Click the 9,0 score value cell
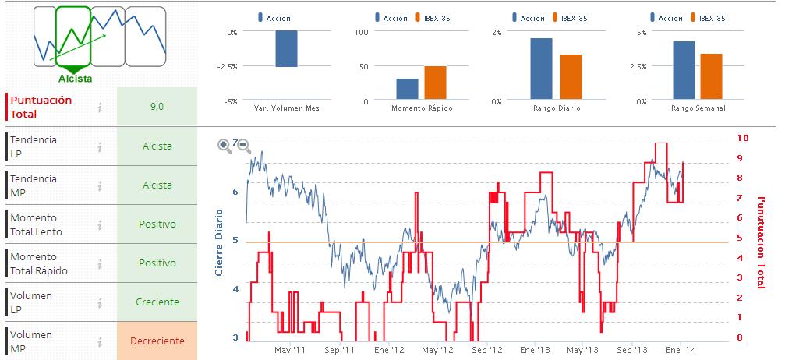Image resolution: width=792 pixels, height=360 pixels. click(x=157, y=107)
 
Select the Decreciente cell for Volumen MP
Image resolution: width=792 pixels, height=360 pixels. click(x=157, y=341)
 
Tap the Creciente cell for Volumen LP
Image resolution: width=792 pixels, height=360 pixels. click(x=157, y=302)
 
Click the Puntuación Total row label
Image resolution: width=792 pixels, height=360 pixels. click(x=41, y=107)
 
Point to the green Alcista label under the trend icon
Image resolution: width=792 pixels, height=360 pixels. click(x=75, y=78)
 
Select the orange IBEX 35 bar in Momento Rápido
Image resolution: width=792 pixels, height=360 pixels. click(x=435, y=83)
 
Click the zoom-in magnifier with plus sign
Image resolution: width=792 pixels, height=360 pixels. click(x=224, y=145)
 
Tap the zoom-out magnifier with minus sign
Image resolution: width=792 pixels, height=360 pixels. click(x=243, y=145)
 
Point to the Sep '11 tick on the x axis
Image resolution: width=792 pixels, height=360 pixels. click(x=339, y=350)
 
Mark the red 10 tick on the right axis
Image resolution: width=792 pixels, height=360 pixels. click(x=743, y=138)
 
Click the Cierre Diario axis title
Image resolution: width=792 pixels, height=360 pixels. click(x=219, y=242)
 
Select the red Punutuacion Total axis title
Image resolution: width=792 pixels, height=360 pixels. click(x=762, y=242)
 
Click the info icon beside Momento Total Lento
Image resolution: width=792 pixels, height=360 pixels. click(x=101, y=224)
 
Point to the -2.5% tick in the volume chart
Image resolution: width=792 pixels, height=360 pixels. click(x=228, y=67)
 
